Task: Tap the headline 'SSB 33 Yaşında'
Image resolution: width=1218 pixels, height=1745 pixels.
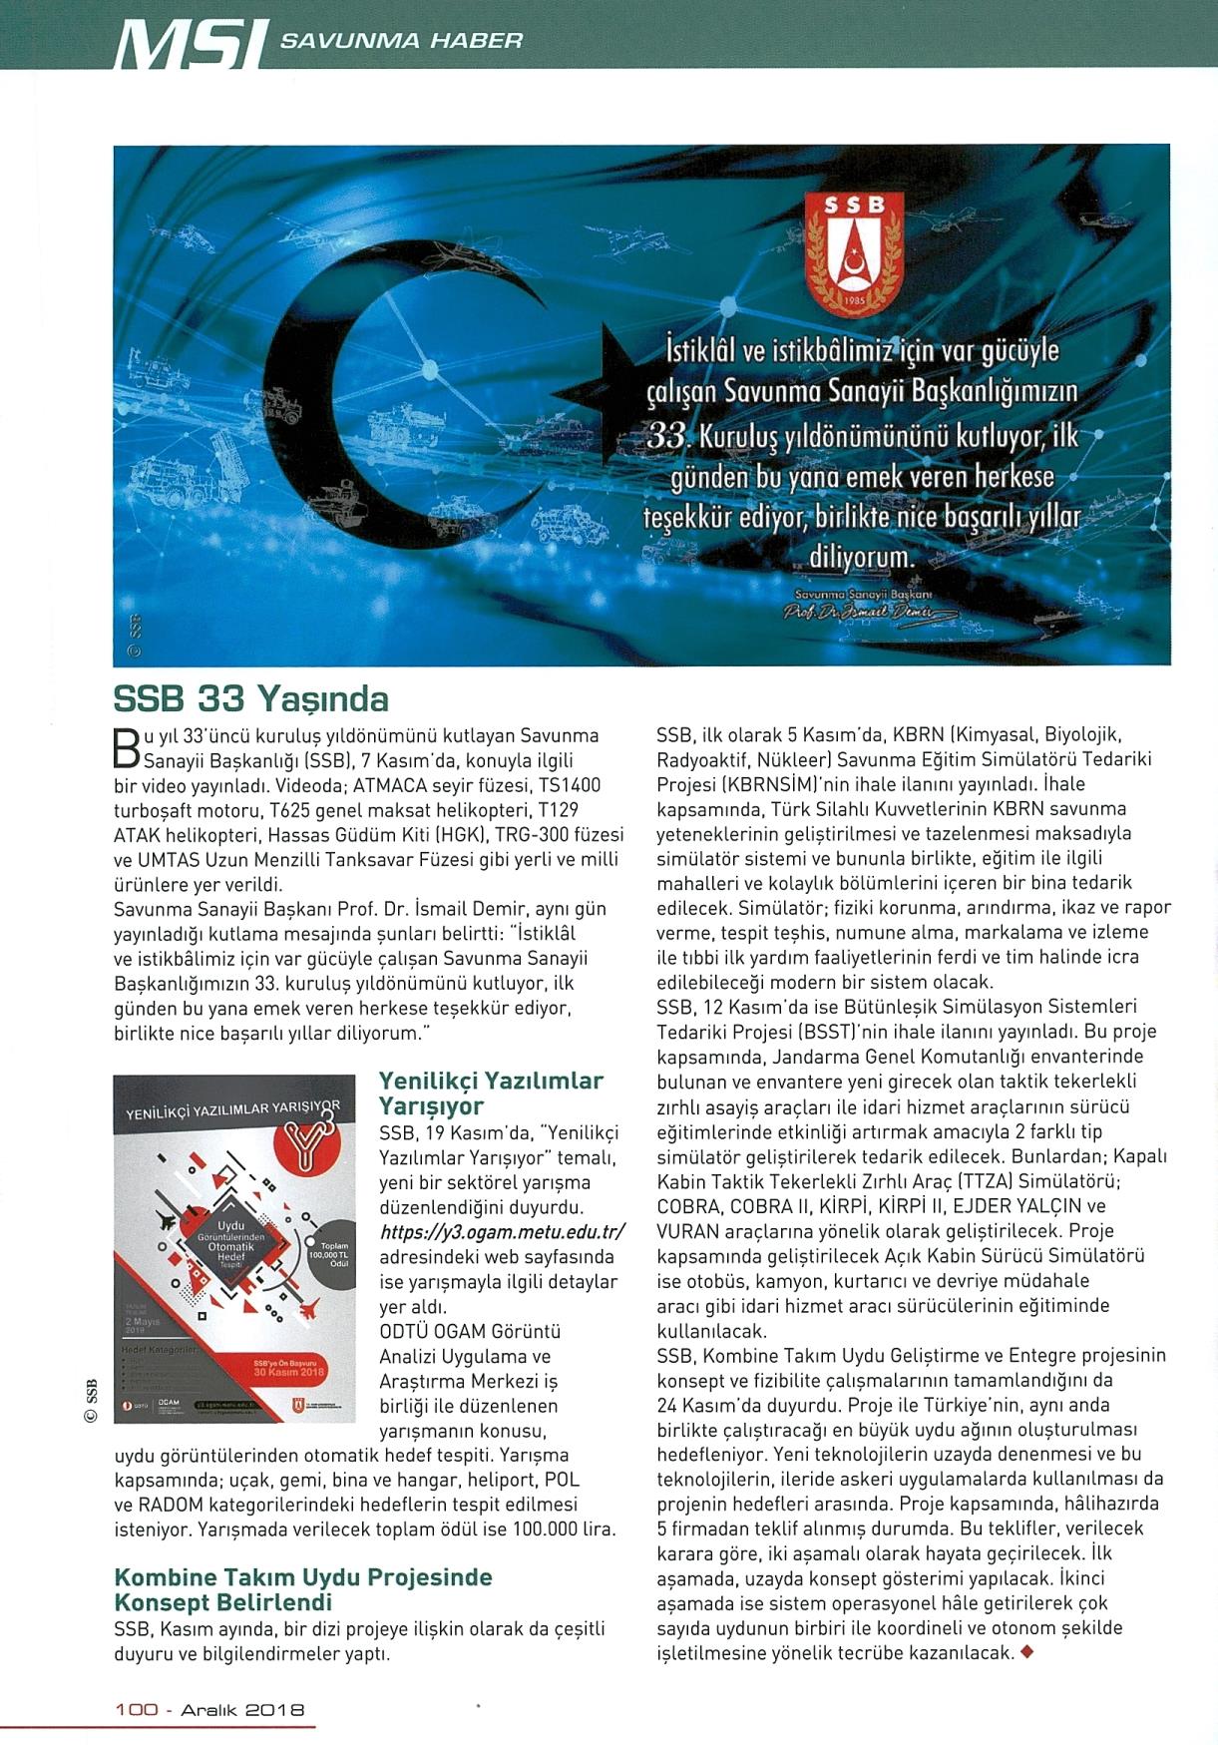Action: coord(251,698)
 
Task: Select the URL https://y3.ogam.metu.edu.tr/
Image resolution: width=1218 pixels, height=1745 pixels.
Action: coord(502,1232)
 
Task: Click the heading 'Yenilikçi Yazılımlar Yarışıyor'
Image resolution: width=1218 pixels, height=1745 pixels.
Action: coord(491,1093)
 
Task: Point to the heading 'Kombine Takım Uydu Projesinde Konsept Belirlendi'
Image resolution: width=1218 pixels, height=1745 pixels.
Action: coord(303,1590)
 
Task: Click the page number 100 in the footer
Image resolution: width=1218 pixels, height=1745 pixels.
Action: coord(137,1710)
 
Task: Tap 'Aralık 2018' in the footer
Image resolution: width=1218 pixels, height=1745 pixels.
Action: coord(242,1710)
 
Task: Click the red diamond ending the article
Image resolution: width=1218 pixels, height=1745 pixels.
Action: coord(1027,1652)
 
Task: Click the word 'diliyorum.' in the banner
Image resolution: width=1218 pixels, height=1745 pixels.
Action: coord(861,556)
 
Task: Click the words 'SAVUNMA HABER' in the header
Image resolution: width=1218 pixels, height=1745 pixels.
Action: coord(401,41)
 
